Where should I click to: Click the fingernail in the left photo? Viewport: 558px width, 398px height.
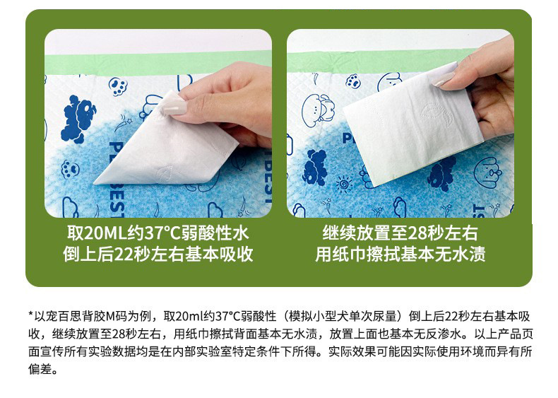pyautogui.click(x=174, y=107)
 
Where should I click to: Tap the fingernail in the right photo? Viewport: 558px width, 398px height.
pyautogui.click(x=444, y=79)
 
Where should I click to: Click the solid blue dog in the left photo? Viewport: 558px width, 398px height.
pyautogui.click(x=78, y=119)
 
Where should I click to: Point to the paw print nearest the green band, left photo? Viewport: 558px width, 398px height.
pyautogui.click(x=119, y=87)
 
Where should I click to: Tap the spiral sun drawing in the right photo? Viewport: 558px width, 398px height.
pyautogui.click(x=344, y=185)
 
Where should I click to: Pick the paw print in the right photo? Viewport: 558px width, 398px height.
pyautogui.click(x=354, y=81)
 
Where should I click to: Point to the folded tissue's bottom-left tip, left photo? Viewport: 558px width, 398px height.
pyautogui.click(x=94, y=184)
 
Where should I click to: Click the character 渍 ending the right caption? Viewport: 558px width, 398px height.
pyautogui.click(x=477, y=254)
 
